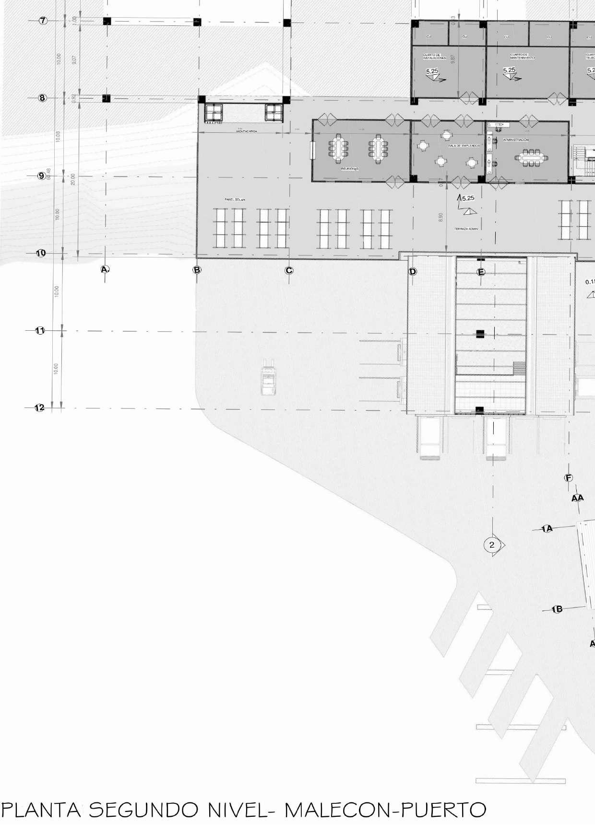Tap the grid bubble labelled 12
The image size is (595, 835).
[40, 408]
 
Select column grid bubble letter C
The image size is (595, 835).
[289, 271]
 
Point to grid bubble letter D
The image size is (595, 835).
[413, 272]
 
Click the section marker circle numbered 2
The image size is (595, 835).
[491, 545]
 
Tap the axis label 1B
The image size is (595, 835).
[557, 609]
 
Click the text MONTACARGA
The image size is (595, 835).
[247, 131]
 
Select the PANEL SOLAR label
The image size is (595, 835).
[235, 199]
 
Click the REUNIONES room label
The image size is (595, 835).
[350, 169]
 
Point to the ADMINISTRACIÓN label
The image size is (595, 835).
[515, 140]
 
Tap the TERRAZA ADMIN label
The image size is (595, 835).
[466, 229]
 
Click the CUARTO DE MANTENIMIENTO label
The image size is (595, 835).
[522, 57]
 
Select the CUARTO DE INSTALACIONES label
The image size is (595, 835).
[434, 57]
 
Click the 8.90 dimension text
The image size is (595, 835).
[441, 217]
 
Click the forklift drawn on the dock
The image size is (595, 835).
[268, 381]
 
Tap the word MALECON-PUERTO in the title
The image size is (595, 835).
[385, 810]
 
